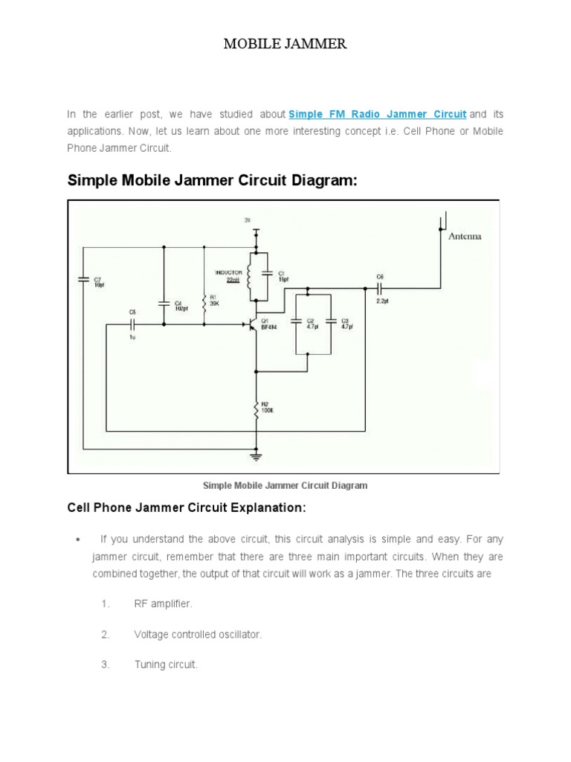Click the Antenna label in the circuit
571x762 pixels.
(x=465, y=236)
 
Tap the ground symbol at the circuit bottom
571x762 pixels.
(x=257, y=452)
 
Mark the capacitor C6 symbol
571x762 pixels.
(x=379, y=286)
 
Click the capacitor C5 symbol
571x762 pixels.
(x=132, y=324)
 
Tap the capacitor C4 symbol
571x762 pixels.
(x=164, y=303)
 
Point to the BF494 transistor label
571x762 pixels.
(x=269, y=327)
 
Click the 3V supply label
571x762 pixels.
(x=248, y=220)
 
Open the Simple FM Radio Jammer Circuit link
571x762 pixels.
(x=377, y=114)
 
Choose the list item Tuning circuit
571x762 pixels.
(x=166, y=665)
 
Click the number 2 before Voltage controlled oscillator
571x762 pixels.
(x=104, y=635)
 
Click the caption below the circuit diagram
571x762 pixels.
(x=285, y=486)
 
